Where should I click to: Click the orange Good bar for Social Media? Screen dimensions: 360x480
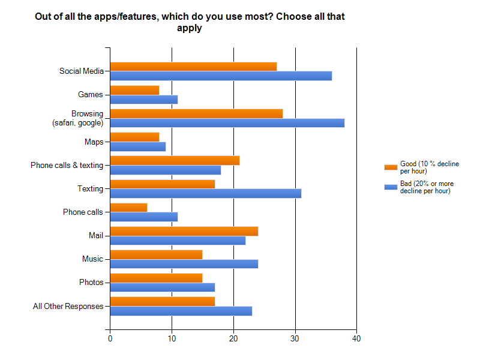tap(193, 67)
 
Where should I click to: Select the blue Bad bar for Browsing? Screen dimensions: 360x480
tap(227, 123)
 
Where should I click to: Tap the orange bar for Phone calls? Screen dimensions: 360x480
tap(128, 208)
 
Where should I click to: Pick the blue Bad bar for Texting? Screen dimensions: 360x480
tap(205, 193)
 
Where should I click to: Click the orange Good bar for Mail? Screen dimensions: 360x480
tap(184, 231)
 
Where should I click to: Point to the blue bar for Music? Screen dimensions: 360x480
tap(184, 264)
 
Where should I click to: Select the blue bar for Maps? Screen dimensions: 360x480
tap(137, 146)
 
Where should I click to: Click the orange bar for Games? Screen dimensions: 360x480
tap(134, 90)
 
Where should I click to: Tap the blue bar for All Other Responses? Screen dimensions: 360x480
tap(181, 311)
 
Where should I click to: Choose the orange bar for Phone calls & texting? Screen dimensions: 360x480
tap(175, 160)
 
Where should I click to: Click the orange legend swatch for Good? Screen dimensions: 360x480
tap(391, 167)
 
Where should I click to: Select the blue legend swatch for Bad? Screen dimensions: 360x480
tap(391, 187)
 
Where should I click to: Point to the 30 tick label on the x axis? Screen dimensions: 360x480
tap(295, 338)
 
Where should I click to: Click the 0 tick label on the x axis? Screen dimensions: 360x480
tap(110, 338)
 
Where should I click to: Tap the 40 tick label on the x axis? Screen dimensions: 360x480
tap(356, 338)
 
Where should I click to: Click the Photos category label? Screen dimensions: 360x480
tap(91, 283)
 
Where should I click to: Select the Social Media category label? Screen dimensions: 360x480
tap(82, 71)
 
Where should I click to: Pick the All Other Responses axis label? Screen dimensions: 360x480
tap(68, 306)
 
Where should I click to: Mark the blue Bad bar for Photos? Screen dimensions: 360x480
tap(162, 287)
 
